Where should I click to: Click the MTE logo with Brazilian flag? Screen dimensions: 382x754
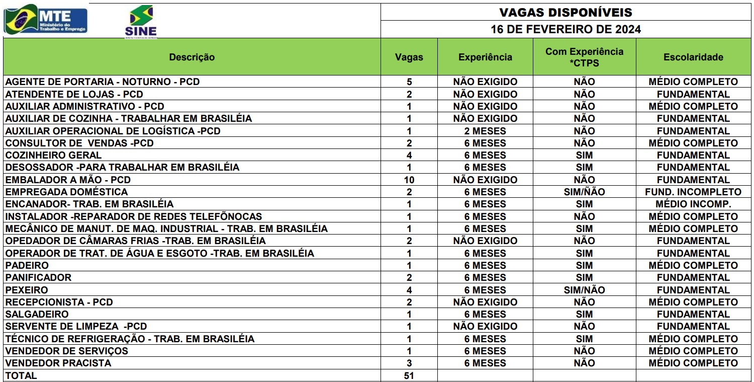45,20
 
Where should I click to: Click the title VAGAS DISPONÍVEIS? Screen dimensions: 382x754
565,12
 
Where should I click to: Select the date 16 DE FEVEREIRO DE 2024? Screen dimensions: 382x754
565,29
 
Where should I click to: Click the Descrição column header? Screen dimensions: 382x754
192,57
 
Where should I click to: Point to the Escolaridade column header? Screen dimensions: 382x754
693,57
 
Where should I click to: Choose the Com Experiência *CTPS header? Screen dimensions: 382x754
584,57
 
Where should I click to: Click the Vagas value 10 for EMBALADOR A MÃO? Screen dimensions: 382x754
409,180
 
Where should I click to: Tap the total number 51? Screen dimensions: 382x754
409,375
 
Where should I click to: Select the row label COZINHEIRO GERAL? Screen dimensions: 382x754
53,155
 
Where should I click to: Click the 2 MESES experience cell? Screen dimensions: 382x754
485,131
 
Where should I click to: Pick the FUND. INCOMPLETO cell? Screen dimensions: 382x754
693,192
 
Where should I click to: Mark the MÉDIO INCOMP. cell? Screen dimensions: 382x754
693,204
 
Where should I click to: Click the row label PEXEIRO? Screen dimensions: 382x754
27,290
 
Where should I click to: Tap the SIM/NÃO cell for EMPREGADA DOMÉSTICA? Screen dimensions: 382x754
584,192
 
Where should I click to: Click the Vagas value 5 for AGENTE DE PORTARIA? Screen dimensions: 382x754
409,82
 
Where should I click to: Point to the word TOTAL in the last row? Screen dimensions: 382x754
21,375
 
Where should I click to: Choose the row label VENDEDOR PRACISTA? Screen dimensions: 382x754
58,363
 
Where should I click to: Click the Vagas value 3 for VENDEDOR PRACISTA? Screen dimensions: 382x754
409,363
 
